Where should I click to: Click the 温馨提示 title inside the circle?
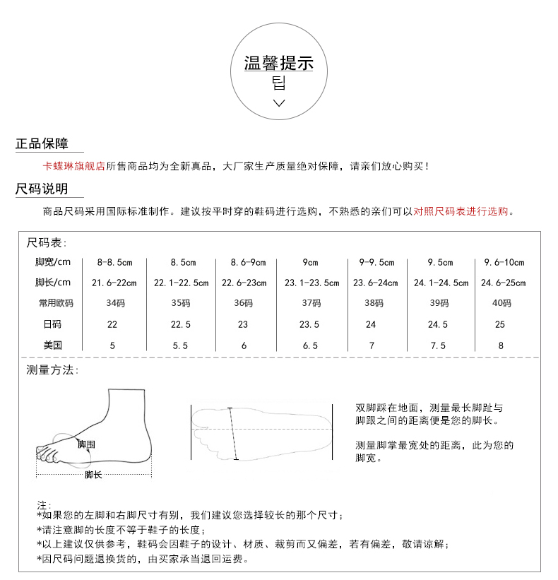(x=278, y=64)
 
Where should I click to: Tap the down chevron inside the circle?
(x=279, y=103)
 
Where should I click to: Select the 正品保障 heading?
(x=42, y=144)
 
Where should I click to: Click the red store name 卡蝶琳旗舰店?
(x=74, y=167)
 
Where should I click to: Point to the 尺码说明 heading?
(x=42, y=189)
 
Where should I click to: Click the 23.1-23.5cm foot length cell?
(x=311, y=283)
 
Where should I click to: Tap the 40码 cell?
(x=501, y=304)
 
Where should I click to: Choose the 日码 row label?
(x=53, y=325)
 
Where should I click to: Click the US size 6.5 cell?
(x=311, y=346)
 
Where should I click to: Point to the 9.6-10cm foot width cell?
(x=504, y=263)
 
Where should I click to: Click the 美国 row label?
(x=53, y=346)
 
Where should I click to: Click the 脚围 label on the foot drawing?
(x=86, y=444)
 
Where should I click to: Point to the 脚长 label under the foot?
(x=93, y=475)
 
